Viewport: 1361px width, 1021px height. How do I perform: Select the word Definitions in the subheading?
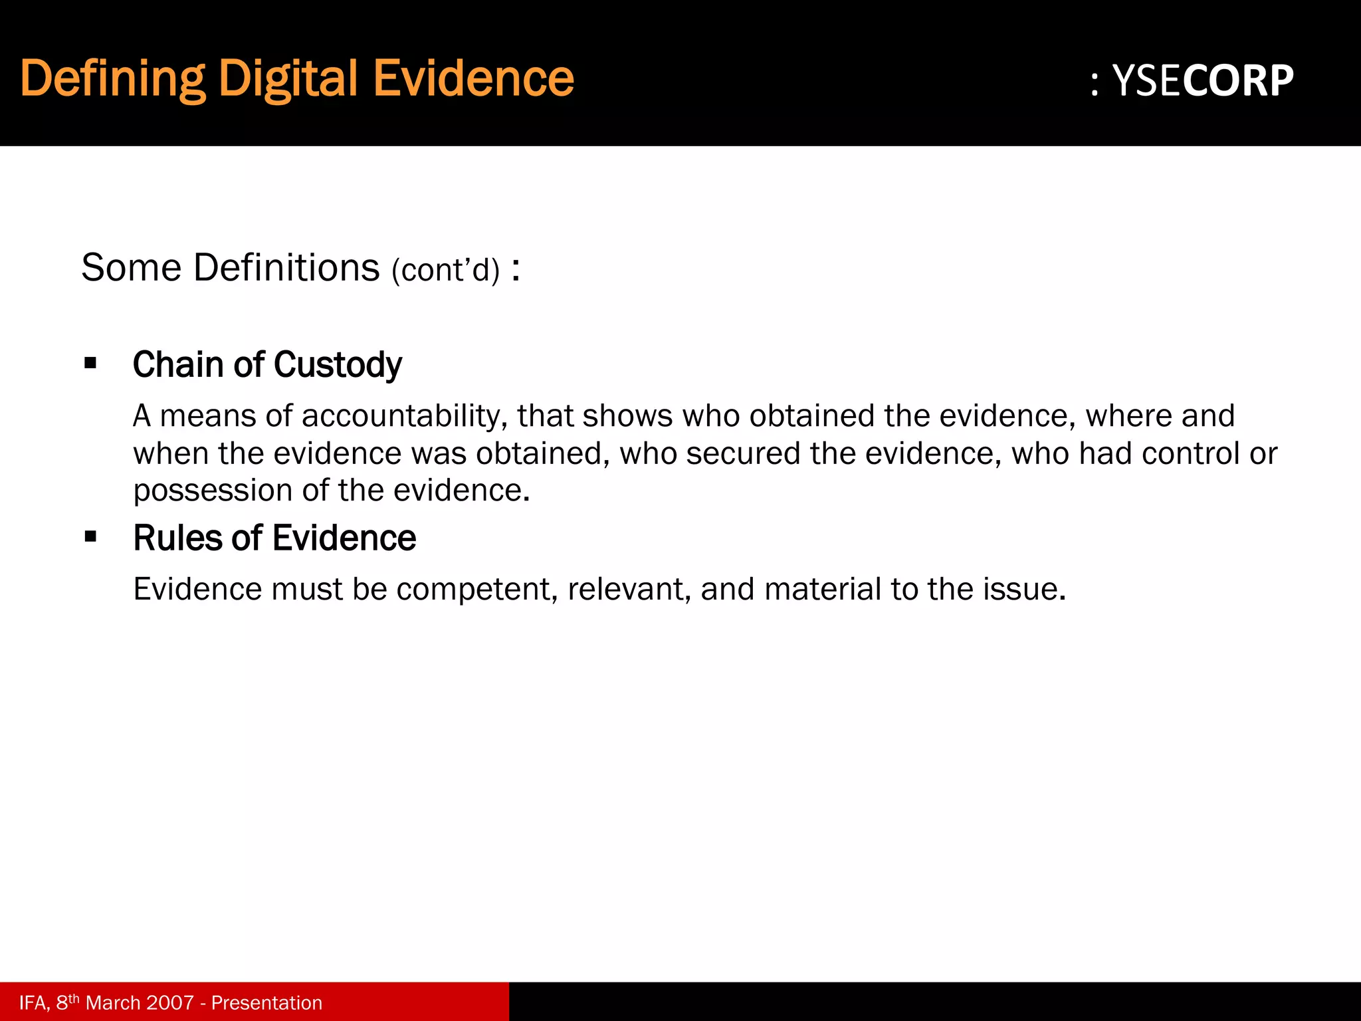(286, 268)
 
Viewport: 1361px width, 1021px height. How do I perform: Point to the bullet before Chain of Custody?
(90, 364)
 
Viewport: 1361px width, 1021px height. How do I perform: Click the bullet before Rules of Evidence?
(90, 536)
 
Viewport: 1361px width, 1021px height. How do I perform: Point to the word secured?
(744, 454)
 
